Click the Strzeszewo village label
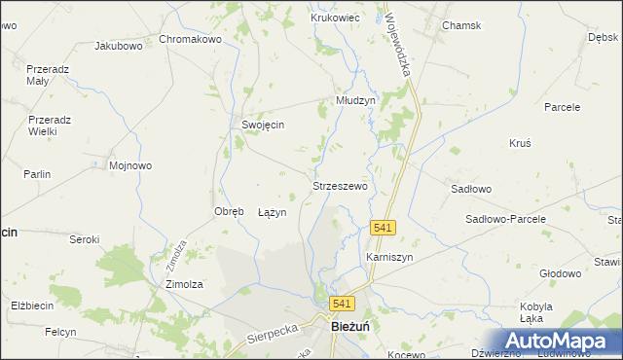[x=340, y=185]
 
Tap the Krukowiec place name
[x=336, y=18]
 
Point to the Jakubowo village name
[x=119, y=45]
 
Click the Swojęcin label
[x=263, y=125]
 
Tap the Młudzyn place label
[x=355, y=100]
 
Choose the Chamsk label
[x=461, y=25]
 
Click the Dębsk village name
[x=604, y=37]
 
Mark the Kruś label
[x=520, y=142]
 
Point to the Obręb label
[x=228, y=211]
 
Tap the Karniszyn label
[x=389, y=257]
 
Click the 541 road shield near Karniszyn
[x=383, y=227]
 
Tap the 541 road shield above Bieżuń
[x=341, y=304]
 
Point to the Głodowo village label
[x=560, y=273]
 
